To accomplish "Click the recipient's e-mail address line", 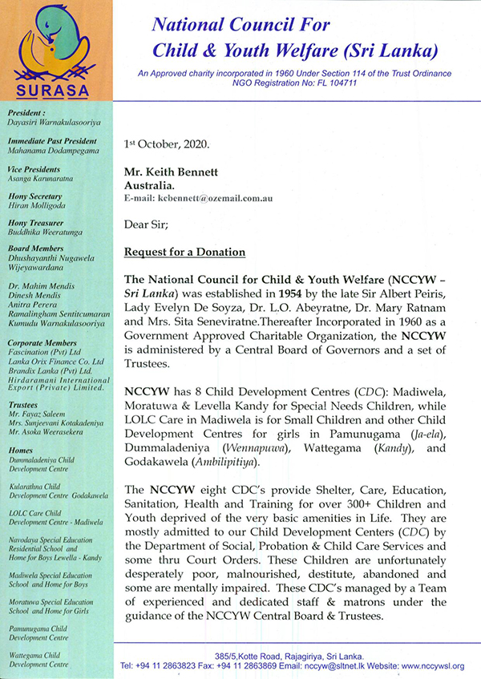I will (x=201, y=196).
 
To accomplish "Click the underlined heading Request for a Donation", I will (x=184, y=253).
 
